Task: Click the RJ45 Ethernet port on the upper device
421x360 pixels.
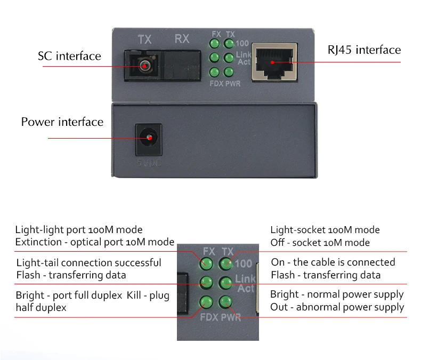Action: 274,61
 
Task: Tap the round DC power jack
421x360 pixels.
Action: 149,138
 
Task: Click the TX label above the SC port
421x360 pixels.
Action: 144,39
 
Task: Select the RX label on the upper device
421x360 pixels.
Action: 182,39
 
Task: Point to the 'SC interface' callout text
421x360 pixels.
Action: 69,56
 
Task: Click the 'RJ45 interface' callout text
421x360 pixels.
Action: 364,50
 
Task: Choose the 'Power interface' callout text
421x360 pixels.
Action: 62,122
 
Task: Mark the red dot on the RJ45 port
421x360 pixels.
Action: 272,62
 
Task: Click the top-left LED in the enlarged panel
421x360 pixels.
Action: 205,262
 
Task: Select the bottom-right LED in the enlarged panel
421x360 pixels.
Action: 226,302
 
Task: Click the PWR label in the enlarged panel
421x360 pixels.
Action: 230,317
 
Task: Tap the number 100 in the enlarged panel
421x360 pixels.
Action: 243,263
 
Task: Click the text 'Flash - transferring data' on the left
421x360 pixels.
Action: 71,275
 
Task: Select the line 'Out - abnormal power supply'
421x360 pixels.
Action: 337,307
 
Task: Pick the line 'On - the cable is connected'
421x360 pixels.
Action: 333,262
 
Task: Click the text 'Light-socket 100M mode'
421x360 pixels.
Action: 325,230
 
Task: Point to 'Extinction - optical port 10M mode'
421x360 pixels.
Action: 94,242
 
